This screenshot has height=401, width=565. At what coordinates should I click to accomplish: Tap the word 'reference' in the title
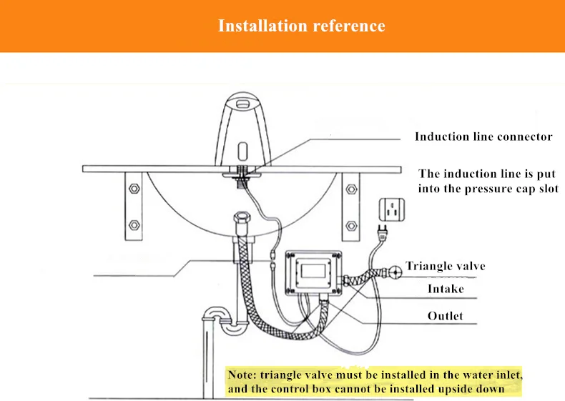tap(348, 26)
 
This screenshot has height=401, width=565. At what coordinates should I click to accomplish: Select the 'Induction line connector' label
tap(483, 137)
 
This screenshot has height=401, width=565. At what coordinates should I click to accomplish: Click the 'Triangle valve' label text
tap(446, 266)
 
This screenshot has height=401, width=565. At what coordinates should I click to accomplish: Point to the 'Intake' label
tap(446, 289)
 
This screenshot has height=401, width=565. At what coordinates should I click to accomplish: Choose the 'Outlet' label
tap(446, 316)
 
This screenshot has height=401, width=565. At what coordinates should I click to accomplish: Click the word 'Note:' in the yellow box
tap(242, 375)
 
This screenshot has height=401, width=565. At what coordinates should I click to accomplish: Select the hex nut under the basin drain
tap(240, 218)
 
